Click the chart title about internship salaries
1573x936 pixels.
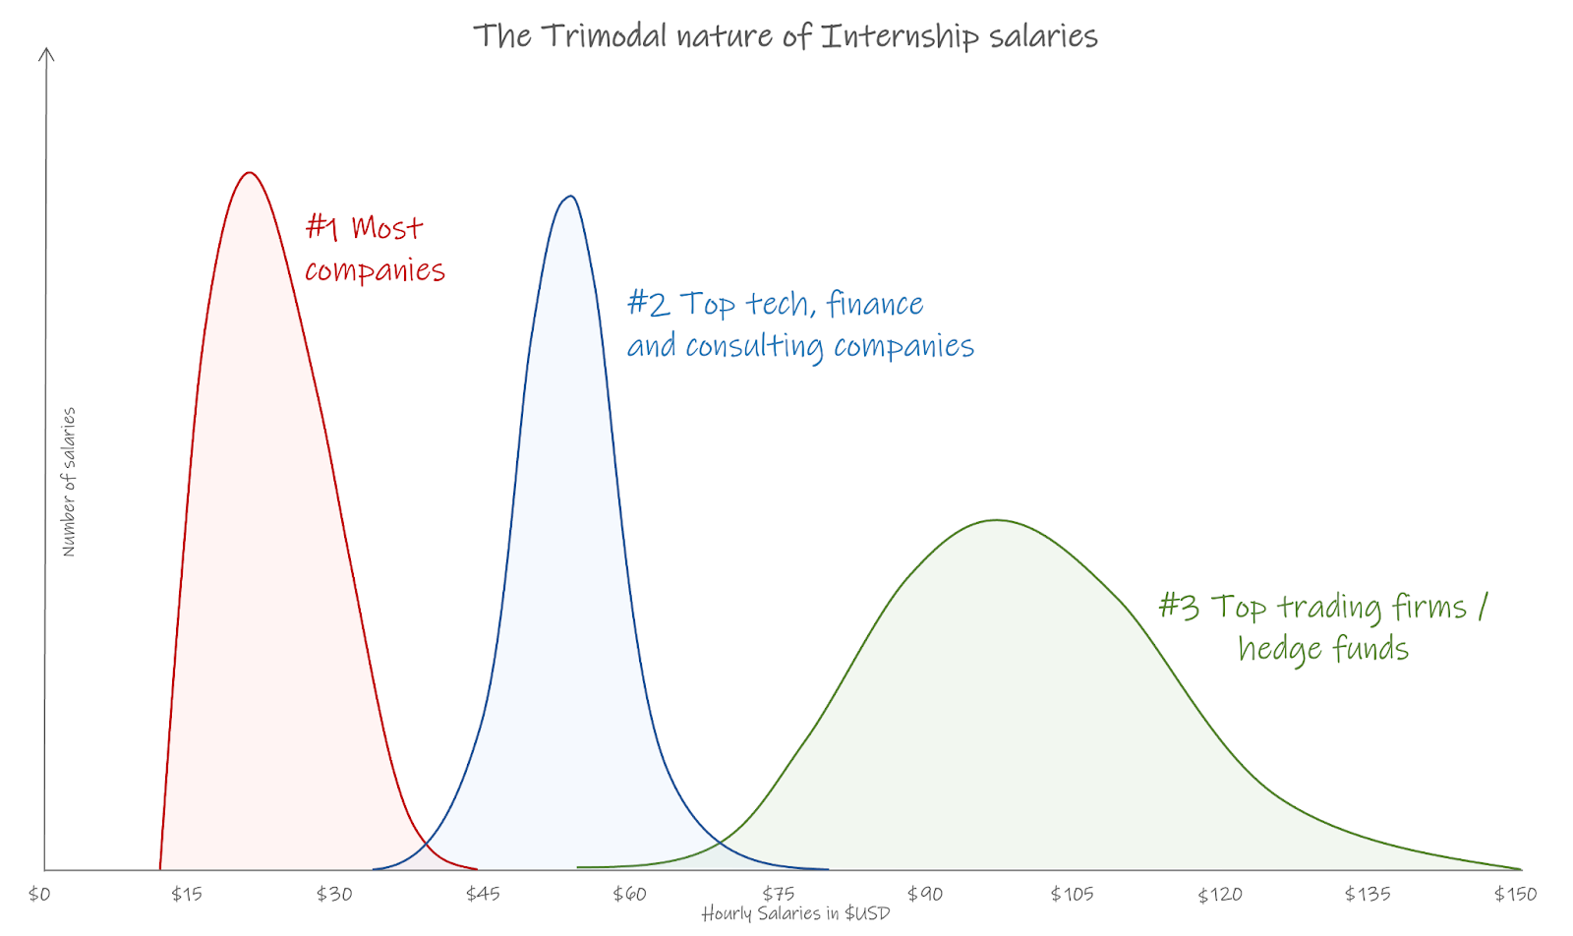(x=785, y=36)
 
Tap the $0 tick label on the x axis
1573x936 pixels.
(x=39, y=894)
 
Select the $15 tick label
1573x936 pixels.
(x=187, y=894)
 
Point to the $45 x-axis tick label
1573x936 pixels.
(x=483, y=894)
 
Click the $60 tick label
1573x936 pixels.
(x=629, y=894)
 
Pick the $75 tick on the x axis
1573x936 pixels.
(x=779, y=894)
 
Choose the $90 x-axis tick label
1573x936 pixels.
(x=925, y=894)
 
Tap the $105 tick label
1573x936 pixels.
(x=1072, y=894)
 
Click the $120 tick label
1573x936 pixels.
(x=1220, y=894)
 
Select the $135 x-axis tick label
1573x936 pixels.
(x=1368, y=894)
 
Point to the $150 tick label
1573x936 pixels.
(x=1515, y=894)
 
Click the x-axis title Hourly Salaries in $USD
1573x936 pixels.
(x=795, y=913)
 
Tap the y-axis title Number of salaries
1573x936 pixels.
(x=69, y=482)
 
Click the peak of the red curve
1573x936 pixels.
(x=250, y=173)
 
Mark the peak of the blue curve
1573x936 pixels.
(x=569, y=197)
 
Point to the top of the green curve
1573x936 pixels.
(x=996, y=520)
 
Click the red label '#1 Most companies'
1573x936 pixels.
(x=374, y=249)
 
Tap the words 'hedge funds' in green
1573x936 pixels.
(x=1323, y=649)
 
